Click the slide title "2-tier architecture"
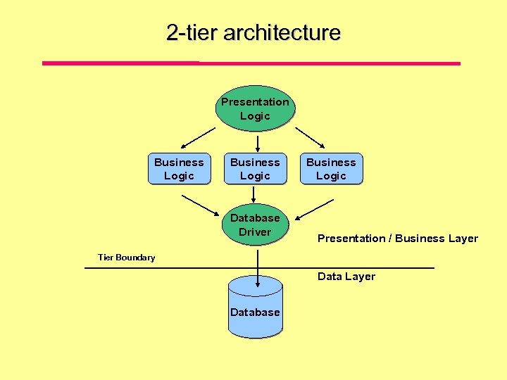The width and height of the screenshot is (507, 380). tap(254, 33)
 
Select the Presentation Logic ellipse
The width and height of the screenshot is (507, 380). tap(255, 109)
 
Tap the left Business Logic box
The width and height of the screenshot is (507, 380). tap(179, 169)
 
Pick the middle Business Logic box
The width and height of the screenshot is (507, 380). tap(255, 169)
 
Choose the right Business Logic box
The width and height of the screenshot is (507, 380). tap(331, 169)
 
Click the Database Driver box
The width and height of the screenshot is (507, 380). tap(255, 224)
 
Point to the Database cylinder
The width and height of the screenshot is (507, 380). tap(255, 310)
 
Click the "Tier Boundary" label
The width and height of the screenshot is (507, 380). tap(126, 258)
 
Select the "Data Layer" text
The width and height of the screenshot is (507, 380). tap(346, 277)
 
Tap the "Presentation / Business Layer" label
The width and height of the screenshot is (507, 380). tap(397, 239)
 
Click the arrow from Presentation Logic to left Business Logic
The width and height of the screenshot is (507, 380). tap(194, 140)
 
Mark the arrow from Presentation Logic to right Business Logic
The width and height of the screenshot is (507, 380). tap(316, 140)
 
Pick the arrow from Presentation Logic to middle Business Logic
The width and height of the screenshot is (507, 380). tap(258, 144)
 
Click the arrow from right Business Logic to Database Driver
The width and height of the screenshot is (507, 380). tap(314, 209)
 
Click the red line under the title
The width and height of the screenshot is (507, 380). tap(251, 63)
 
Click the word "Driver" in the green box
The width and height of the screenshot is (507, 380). tap(255, 232)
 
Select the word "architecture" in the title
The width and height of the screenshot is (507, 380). tap(282, 33)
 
